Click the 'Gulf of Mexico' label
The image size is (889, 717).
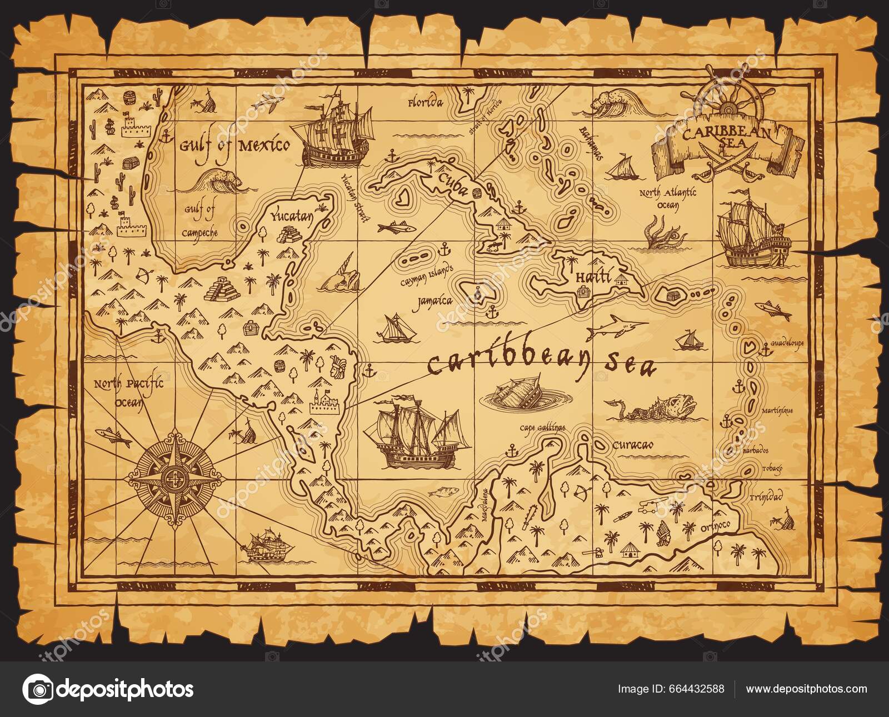pyautogui.click(x=234, y=146)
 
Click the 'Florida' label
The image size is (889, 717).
pyautogui.click(x=426, y=103)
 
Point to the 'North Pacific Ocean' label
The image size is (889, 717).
pyautogui.click(x=128, y=390)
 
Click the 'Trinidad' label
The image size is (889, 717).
pyautogui.click(x=765, y=496)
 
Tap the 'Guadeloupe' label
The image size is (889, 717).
pyautogui.click(x=787, y=343)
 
